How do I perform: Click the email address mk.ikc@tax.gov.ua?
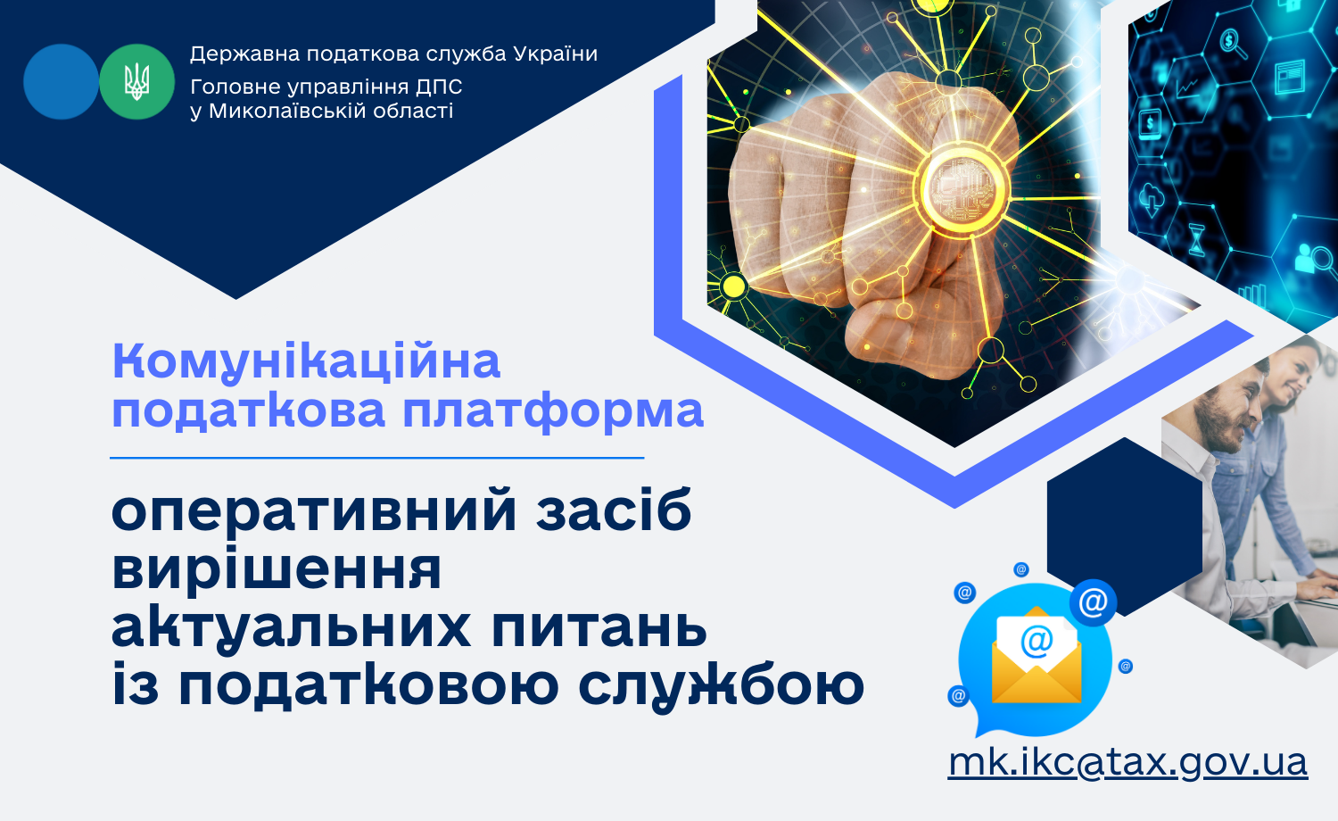tap(1127, 764)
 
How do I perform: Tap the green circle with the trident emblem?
tap(136, 82)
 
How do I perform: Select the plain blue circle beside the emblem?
tap(61, 82)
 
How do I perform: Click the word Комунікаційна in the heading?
tap(306, 362)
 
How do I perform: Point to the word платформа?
tap(553, 412)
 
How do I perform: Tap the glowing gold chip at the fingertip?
tap(963, 189)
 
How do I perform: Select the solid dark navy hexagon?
tap(1125, 527)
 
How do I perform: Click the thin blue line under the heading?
tap(377, 459)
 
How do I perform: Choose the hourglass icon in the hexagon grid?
tap(1196, 240)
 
